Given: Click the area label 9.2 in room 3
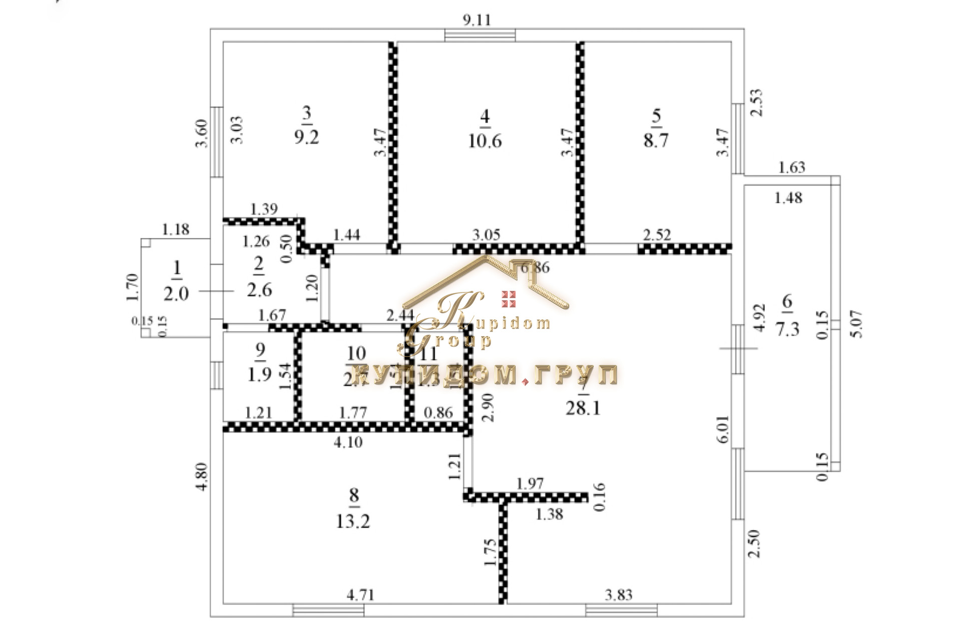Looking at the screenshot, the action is coord(306,137).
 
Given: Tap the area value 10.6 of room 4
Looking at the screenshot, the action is coord(485,141).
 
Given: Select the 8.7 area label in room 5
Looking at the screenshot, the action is coord(656,140).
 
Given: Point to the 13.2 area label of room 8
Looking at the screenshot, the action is coord(353,521).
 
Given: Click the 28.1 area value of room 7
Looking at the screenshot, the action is coord(583,408).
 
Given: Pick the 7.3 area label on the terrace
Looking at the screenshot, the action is coord(787,329).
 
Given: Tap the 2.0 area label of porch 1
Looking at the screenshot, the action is coord(176,293).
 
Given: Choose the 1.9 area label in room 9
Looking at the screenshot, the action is coord(260,374).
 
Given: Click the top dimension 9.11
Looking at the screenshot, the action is coord(476,20).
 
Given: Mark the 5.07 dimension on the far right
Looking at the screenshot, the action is coord(857,324).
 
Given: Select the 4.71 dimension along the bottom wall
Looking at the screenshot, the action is coord(360,595).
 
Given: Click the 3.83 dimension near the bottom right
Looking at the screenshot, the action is coord(619,595).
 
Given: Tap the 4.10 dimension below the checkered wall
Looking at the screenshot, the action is coord(348,442).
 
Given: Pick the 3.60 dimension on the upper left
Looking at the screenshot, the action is coord(201,134).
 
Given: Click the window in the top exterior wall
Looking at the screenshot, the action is coord(480,35).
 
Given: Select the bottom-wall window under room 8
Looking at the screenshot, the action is coord(328,610).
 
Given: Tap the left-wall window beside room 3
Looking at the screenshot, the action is coord(216,141).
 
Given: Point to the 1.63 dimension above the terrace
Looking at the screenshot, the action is coord(792,167).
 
